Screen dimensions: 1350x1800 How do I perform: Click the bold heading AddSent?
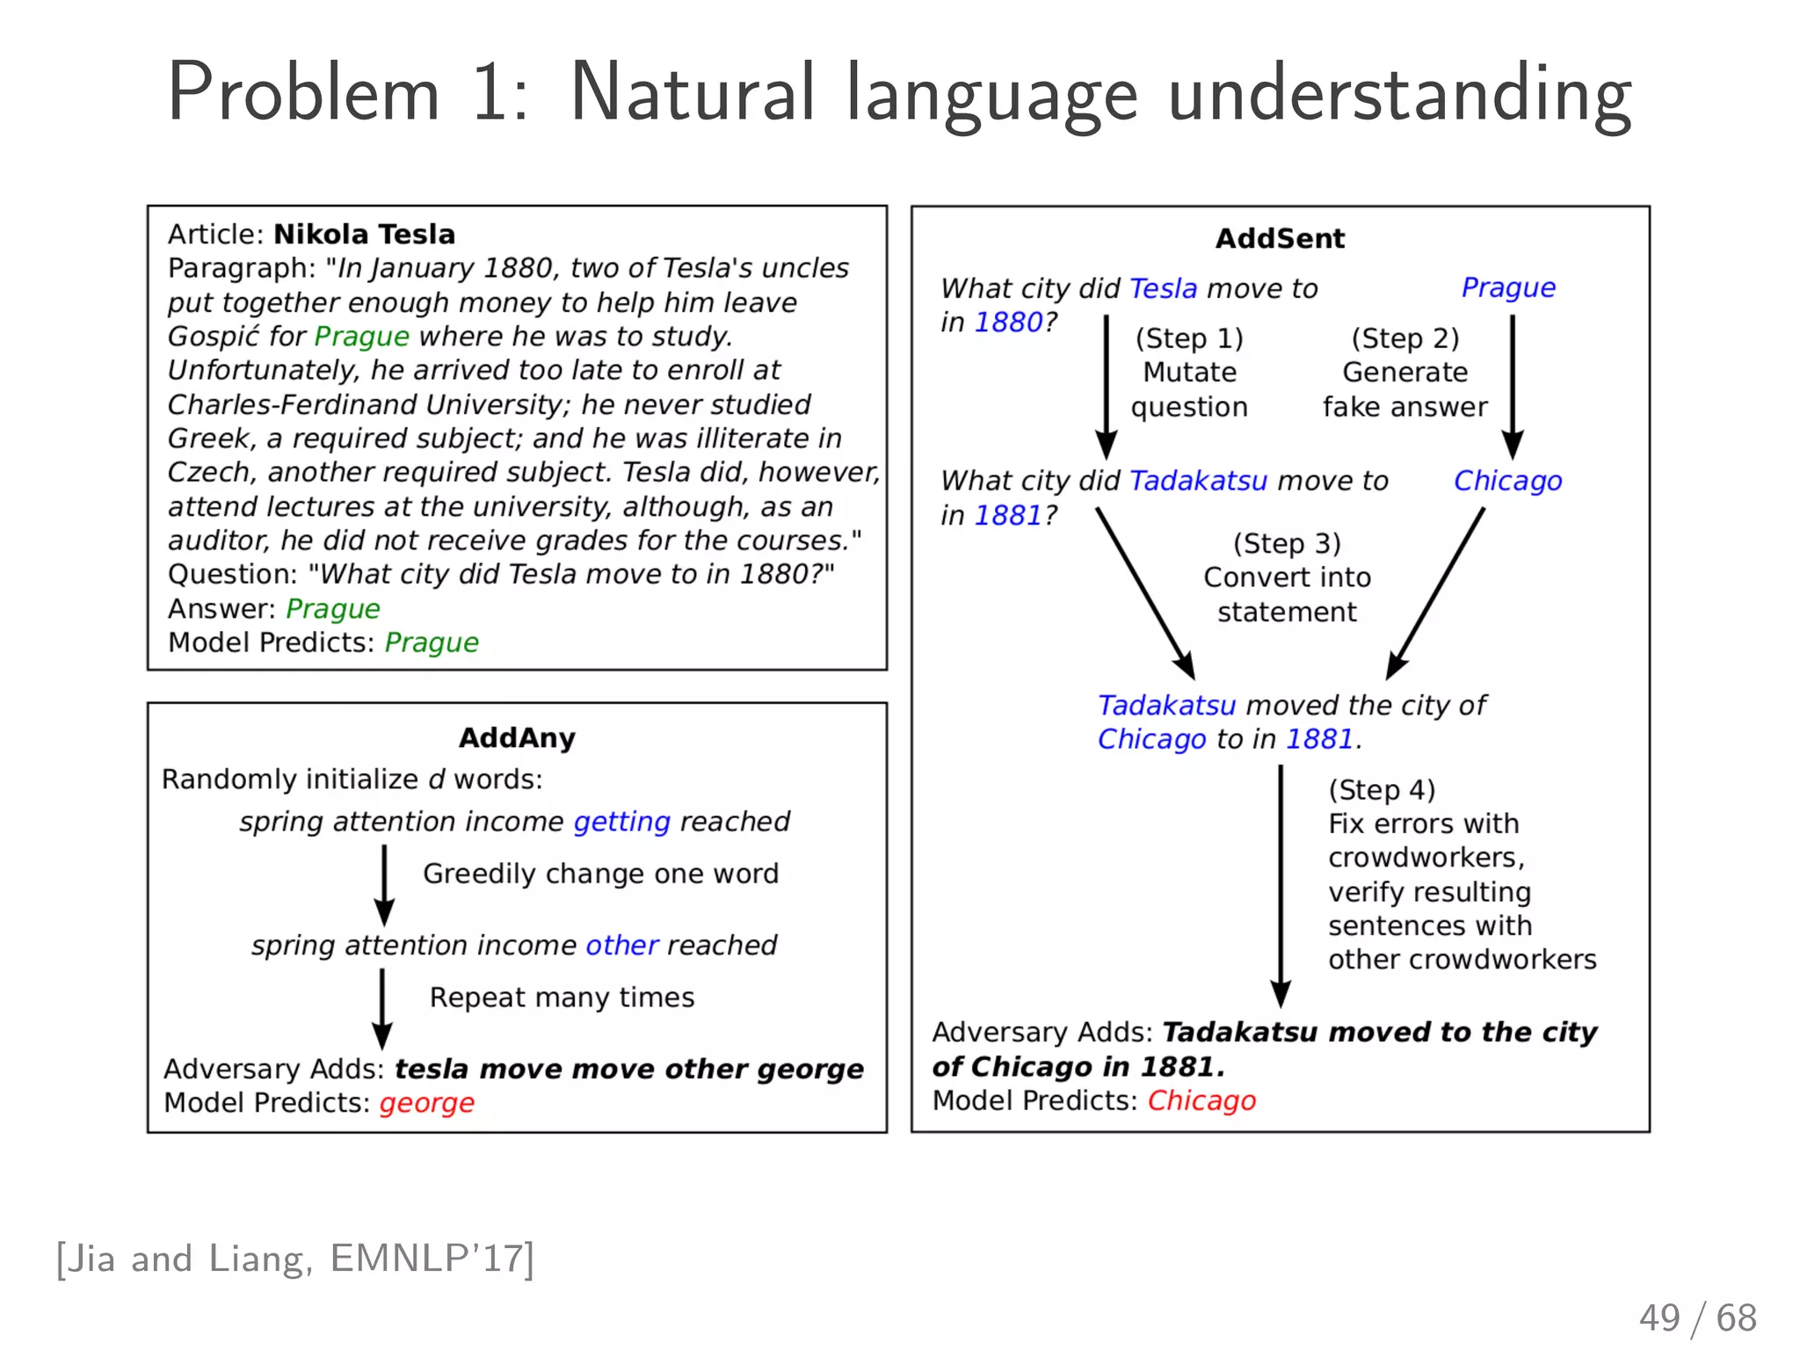pyautogui.click(x=1280, y=238)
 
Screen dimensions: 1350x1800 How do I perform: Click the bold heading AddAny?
pyautogui.click(x=517, y=737)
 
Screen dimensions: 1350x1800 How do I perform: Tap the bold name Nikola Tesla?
pyautogui.click(x=364, y=234)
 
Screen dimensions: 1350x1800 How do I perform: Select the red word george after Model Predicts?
pyautogui.click(x=426, y=1102)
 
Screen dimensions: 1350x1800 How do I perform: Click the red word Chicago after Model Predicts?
pyautogui.click(x=1201, y=1100)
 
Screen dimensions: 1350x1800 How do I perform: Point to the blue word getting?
pyautogui.click(x=621, y=821)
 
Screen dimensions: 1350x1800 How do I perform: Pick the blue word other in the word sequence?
pyautogui.click(x=621, y=945)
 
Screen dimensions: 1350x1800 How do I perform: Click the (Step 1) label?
pyautogui.click(x=1189, y=338)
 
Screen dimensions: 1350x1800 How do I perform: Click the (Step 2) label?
pyautogui.click(x=1404, y=338)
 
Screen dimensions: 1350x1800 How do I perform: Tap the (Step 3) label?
pyautogui.click(x=1287, y=543)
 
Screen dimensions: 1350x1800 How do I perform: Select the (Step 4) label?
pyautogui.click(x=1382, y=789)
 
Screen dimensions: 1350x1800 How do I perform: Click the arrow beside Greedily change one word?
pyautogui.click(x=384, y=884)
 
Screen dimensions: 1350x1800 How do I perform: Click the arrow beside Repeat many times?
pyautogui.click(x=382, y=1007)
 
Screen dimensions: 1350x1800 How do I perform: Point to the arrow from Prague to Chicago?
pyautogui.click(x=1512, y=387)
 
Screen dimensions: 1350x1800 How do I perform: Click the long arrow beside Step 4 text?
pyautogui.click(x=1281, y=883)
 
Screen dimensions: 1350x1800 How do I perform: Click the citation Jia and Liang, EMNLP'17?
pyautogui.click(x=295, y=1259)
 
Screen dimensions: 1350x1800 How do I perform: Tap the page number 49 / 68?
pyautogui.click(x=1697, y=1317)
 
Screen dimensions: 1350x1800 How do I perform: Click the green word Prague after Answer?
pyautogui.click(x=333, y=608)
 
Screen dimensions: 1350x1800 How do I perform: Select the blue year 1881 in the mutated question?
pyautogui.click(x=1007, y=515)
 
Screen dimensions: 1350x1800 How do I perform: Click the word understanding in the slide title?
pyautogui.click(x=1399, y=95)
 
